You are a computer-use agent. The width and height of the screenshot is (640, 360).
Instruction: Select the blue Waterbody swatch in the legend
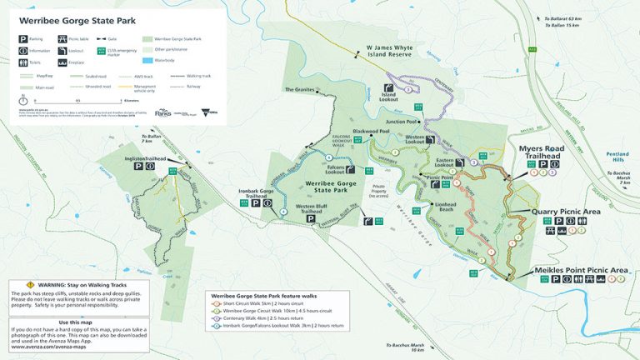point(147,61)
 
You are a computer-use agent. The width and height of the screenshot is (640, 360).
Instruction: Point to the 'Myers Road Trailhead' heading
point(542,152)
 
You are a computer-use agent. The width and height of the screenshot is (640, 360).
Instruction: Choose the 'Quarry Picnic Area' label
point(571,212)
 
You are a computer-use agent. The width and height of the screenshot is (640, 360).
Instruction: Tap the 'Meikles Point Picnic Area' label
point(584,270)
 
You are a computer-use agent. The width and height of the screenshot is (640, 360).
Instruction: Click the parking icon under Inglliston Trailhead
point(137,167)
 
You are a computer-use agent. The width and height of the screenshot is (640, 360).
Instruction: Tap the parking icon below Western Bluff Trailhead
point(309,227)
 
